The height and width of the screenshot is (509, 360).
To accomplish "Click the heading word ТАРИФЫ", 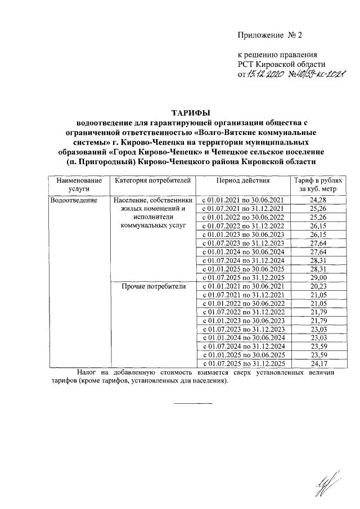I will (x=191, y=111).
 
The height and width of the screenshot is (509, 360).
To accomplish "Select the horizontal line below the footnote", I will (x=192, y=403).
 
